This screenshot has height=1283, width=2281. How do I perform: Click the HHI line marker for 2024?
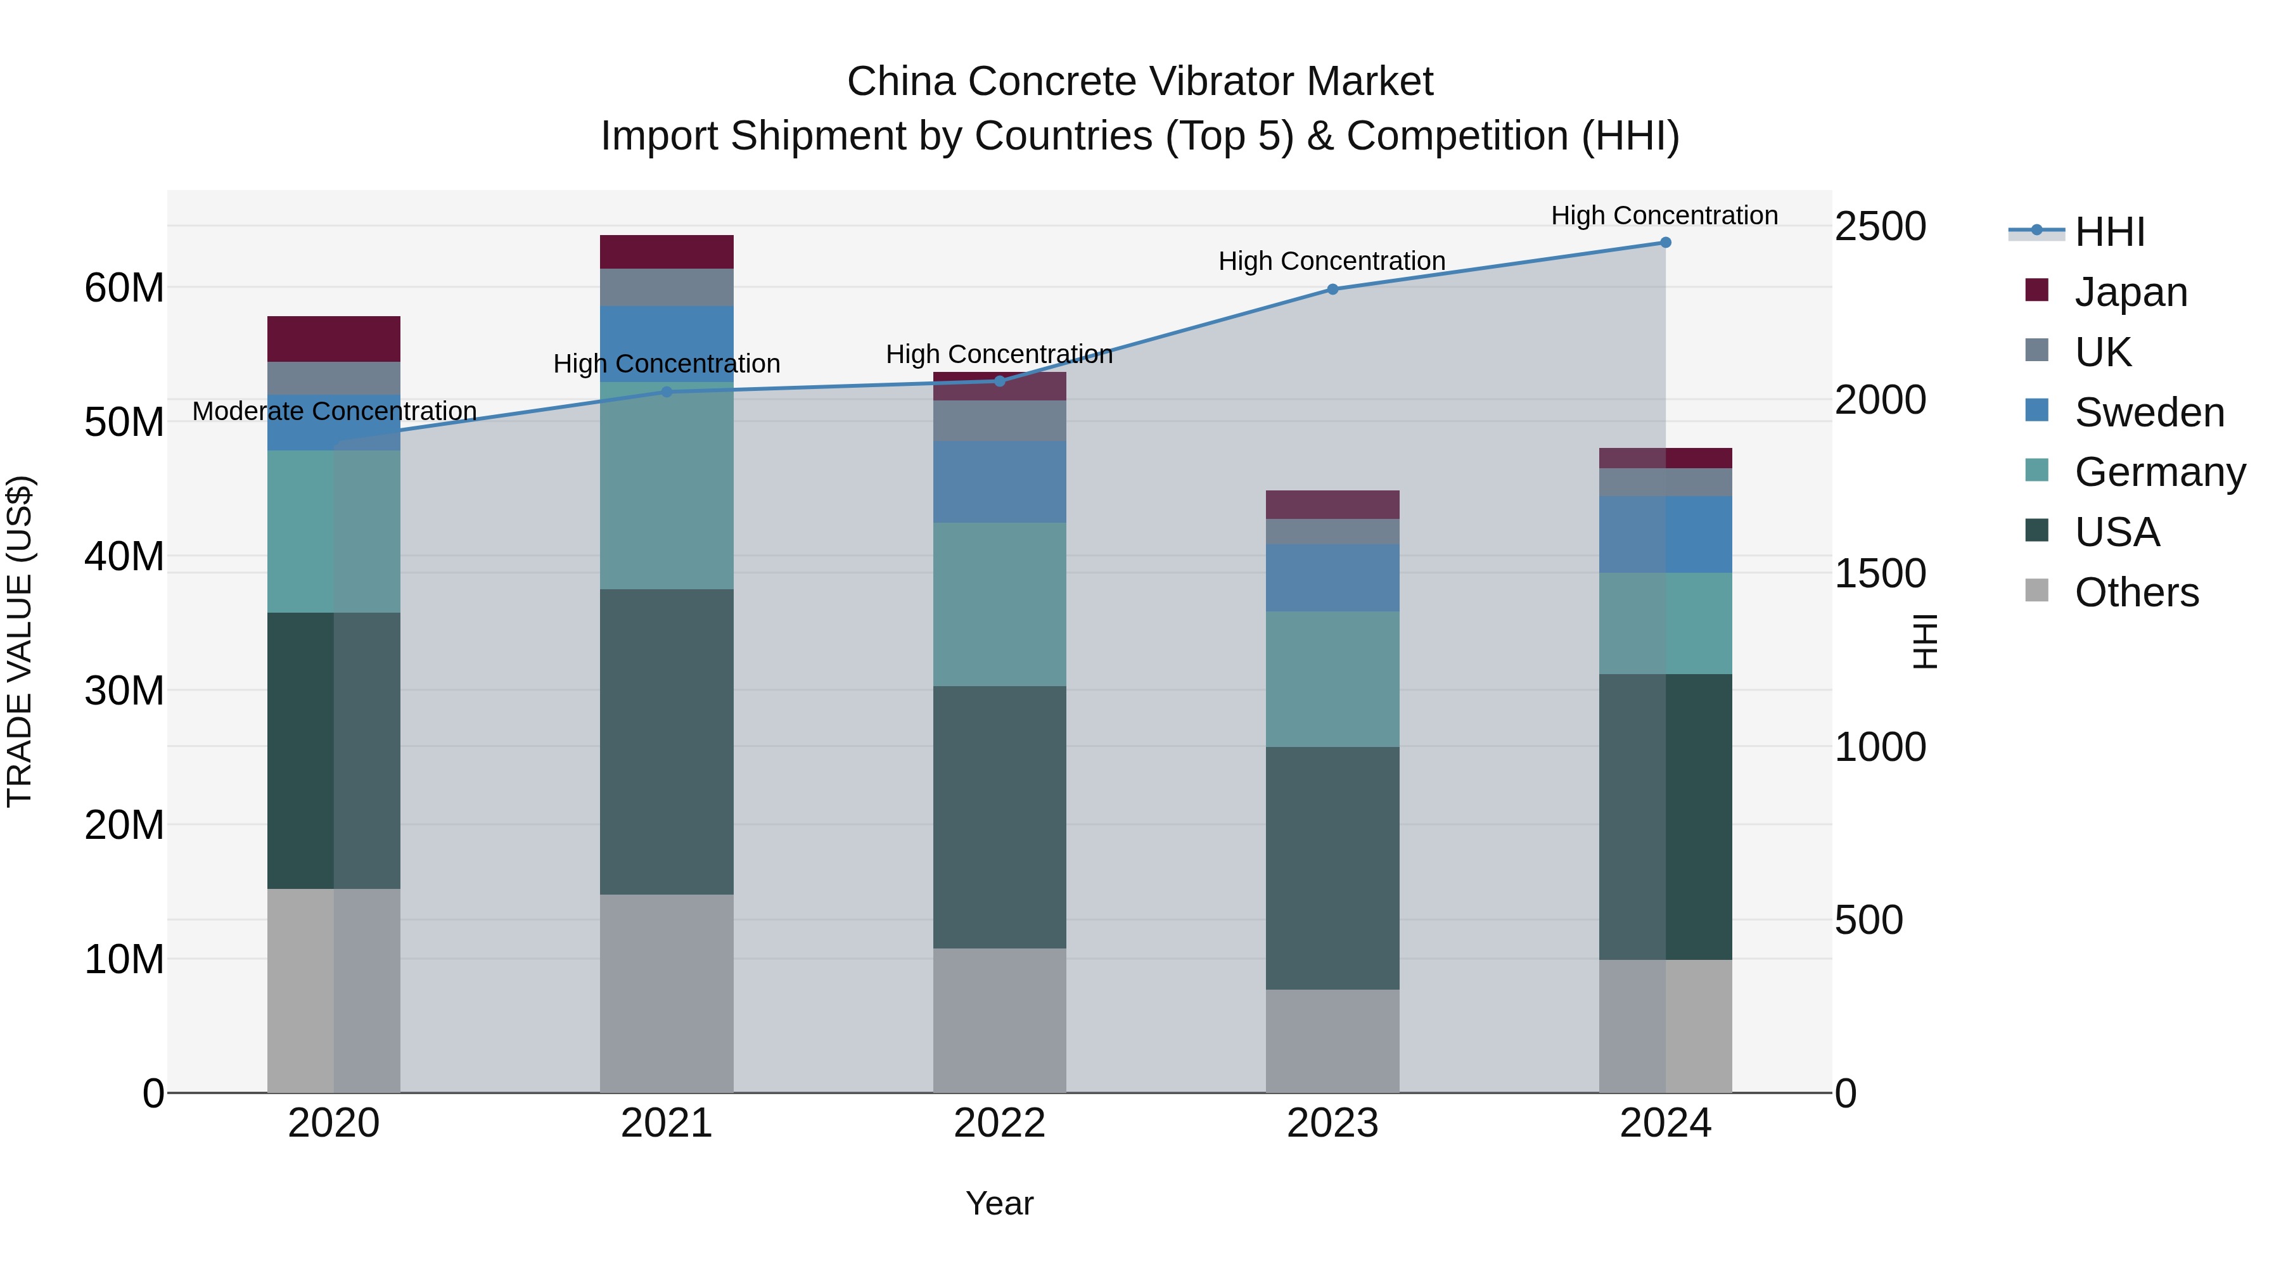pos(1664,242)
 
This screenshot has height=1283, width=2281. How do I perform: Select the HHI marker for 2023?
pos(1332,290)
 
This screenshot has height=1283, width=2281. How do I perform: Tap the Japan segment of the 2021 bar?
pos(666,252)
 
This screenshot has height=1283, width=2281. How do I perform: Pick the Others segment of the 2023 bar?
pos(1332,1040)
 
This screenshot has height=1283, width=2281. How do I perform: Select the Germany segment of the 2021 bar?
pos(666,485)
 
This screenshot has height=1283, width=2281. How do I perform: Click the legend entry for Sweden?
pos(2149,412)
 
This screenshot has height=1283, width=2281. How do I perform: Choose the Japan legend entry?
pos(2130,292)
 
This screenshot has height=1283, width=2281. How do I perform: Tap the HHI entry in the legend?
pos(2109,232)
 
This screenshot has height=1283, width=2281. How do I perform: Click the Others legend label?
pos(2136,592)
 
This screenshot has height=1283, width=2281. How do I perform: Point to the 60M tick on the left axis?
pos(124,288)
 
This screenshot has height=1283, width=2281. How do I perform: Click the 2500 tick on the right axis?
pos(1879,227)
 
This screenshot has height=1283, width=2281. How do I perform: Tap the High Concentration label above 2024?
pos(1664,215)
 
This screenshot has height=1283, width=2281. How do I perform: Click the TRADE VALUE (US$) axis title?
pos(20,641)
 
